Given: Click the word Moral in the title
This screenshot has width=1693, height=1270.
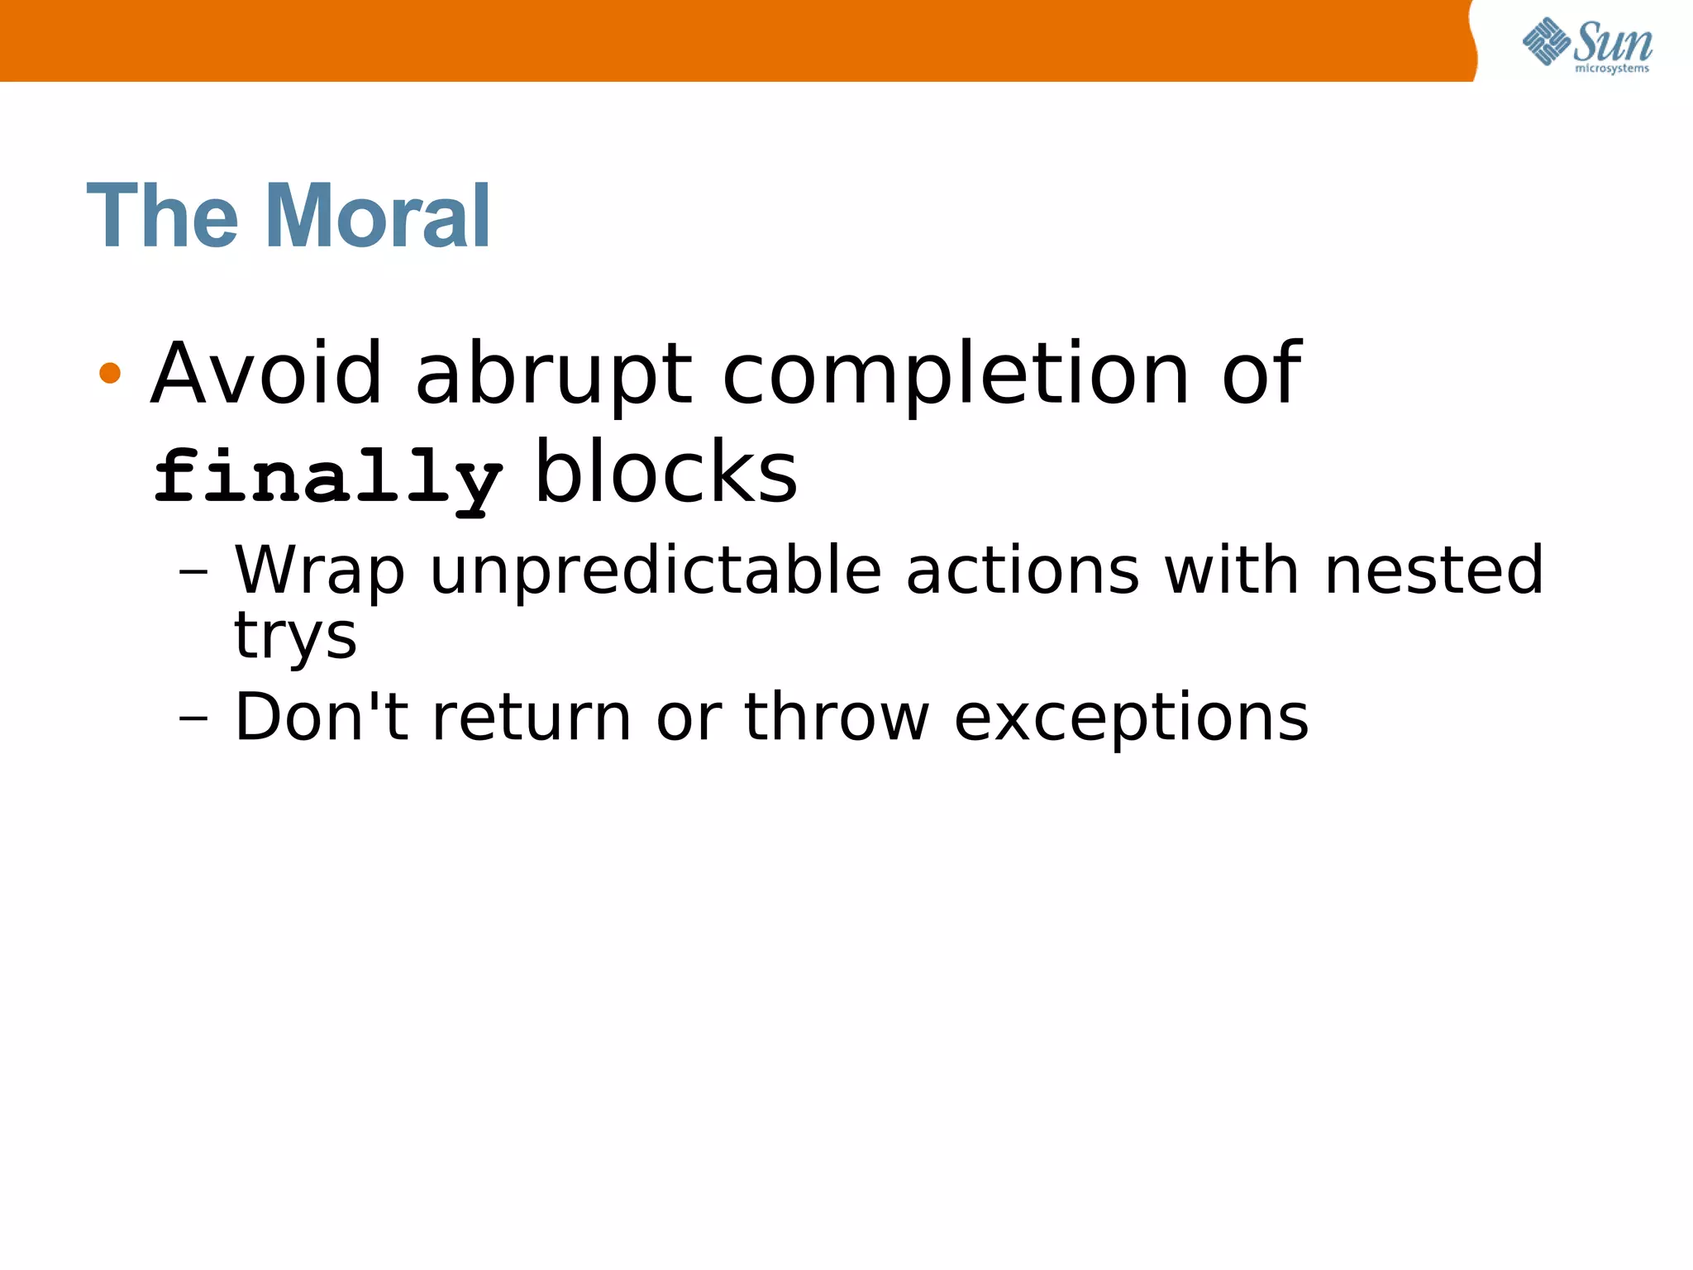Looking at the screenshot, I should pos(378,217).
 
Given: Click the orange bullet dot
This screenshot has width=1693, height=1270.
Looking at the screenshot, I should pos(110,374).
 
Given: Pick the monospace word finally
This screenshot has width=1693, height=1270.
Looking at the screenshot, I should pos(328,478).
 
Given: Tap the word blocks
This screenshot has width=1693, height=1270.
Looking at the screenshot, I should pos(666,473).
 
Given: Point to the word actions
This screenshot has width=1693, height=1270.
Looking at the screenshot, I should pos(1023,571).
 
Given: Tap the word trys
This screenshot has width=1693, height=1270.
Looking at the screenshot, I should pos(295,637).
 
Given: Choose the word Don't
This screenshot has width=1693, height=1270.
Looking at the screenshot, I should pos(322,716).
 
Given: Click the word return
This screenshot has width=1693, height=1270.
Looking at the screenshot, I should pos(532,718).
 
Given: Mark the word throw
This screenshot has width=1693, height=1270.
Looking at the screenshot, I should pos(837,716).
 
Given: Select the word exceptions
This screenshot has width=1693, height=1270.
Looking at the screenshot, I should pos(1131,718).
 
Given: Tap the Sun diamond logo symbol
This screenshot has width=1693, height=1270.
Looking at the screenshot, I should pos(1546,41).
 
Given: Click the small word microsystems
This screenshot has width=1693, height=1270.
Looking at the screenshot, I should pos(1611,69).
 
